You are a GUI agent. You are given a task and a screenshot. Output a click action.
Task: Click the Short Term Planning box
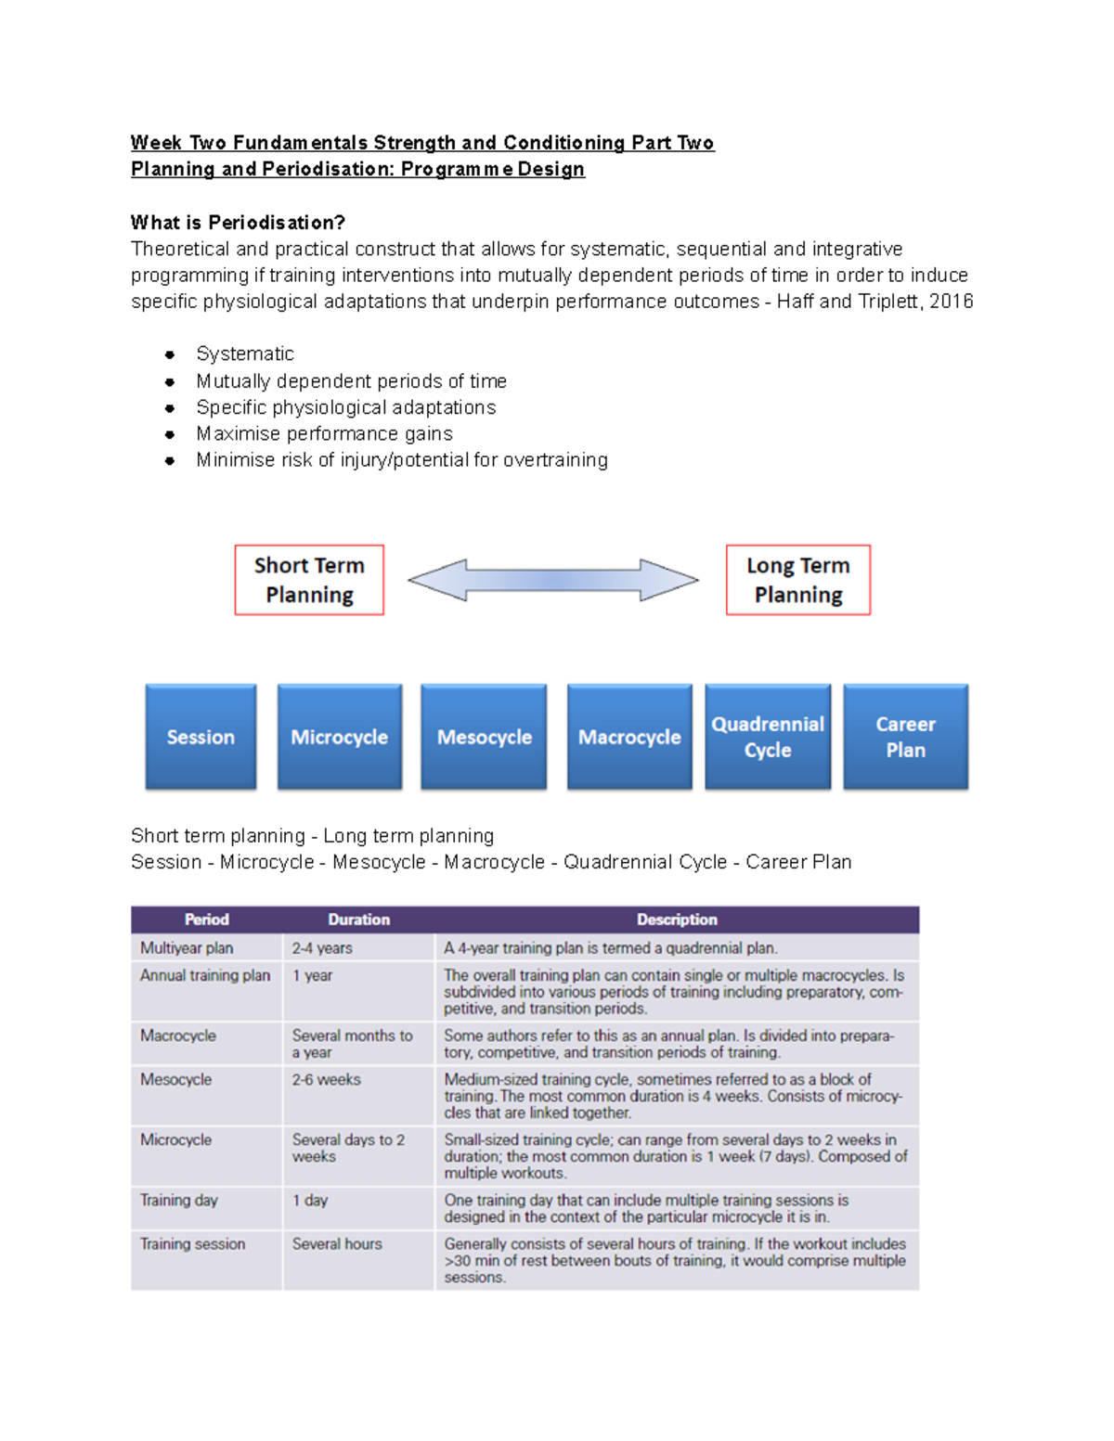pos(309,580)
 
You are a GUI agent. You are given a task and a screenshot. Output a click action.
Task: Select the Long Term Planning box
pos(798,580)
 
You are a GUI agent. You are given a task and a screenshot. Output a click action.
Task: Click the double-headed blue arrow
pos(553,580)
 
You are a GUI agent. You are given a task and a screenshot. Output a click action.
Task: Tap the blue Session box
pos(201,737)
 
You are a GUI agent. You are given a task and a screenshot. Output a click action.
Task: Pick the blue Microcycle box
pos(340,737)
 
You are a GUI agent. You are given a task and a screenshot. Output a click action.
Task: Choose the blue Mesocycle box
pos(484,737)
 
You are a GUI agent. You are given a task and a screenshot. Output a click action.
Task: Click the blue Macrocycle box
pos(629,737)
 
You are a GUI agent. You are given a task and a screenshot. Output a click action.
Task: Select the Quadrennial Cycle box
pos(768,737)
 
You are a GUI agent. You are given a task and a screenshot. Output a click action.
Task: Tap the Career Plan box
pos(905,737)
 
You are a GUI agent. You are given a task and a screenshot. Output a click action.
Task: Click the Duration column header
pos(358,920)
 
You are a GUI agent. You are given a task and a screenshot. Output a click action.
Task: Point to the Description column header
pos(677,920)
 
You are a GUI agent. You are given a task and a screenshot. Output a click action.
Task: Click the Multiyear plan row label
pos(187,948)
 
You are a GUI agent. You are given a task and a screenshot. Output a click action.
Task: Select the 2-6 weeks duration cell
pos(327,1080)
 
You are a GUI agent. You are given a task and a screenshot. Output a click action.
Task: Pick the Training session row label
pos(193,1244)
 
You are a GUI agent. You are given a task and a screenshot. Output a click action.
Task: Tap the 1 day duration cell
pos(310,1201)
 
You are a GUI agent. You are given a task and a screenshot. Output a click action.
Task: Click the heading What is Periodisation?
pos(238,223)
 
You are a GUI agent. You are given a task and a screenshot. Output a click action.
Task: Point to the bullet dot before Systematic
pos(170,354)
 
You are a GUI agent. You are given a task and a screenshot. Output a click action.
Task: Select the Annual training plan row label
pos(205,976)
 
